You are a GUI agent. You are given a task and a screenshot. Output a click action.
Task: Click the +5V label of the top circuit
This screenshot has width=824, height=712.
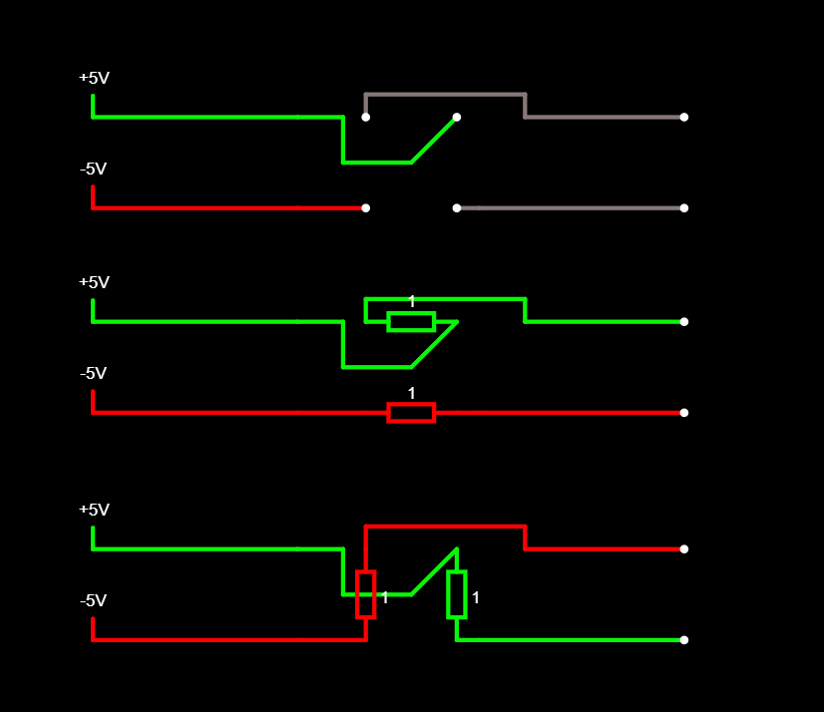(x=94, y=78)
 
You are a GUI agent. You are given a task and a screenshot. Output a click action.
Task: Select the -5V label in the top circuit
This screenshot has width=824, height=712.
(x=93, y=169)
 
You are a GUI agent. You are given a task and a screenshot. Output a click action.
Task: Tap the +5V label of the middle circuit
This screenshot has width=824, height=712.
(x=94, y=282)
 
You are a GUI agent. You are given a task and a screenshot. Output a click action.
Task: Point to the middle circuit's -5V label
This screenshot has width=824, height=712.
(x=93, y=373)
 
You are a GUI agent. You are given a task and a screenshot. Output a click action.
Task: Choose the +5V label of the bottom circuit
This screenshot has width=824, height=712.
(x=94, y=510)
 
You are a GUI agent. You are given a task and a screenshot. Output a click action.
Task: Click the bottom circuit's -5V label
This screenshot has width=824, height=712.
(x=93, y=600)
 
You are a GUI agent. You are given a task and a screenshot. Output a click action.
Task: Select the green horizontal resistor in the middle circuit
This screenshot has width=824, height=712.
(x=411, y=321)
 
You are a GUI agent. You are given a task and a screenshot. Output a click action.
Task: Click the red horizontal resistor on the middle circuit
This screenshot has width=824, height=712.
(x=411, y=412)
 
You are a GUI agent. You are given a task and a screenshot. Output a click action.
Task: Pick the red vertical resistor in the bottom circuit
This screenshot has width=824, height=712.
(x=366, y=594)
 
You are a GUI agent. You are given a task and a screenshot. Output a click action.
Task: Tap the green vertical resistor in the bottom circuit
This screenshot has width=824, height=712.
(x=457, y=594)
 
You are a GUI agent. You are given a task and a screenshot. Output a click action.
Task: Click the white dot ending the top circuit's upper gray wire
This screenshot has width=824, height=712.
(x=683, y=117)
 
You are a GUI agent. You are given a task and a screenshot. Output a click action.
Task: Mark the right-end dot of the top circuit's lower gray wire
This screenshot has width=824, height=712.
(x=683, y=207)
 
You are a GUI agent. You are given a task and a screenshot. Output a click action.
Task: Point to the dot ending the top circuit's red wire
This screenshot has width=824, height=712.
(x=366, y=207)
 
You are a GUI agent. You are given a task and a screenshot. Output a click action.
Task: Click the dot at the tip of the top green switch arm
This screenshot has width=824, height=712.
(x=457, y=117)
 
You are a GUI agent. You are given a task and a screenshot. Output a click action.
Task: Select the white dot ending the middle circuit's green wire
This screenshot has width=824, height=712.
(x=683, y=321)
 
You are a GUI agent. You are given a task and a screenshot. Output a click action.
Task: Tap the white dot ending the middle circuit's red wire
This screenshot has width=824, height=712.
(x=683, y=412)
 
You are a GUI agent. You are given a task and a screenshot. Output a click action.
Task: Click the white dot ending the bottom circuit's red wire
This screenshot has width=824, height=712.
(x=683, y=548)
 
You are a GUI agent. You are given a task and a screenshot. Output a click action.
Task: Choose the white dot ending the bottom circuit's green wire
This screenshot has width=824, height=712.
(x=683, y=639)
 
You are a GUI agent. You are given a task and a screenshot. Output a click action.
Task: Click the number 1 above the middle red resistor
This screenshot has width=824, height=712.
(x=411, y=393)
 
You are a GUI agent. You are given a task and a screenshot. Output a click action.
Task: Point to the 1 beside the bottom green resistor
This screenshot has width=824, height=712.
(x=476, y=597)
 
